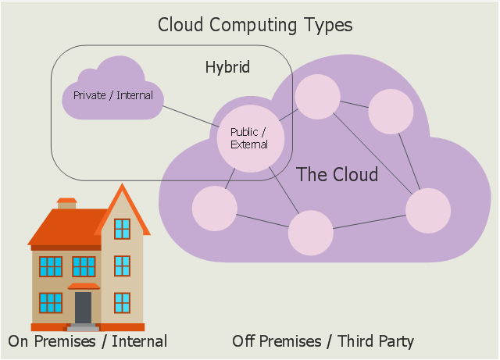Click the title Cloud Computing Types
(255, 25)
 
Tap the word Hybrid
(227, 67)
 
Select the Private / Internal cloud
(112, 92)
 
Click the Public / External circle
(251, 139)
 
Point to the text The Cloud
(337, 174)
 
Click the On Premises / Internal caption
(87, 341)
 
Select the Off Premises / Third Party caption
(323, 341)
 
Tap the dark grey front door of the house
(84, 308)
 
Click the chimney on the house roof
(66, 204)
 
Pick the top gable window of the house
(122, 229)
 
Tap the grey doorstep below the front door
(84, 327)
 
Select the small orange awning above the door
(84, 286)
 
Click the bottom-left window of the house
(51, 303)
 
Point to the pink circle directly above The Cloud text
(318, 97)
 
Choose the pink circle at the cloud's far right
(428, 210)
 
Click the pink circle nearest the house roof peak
(215, 209)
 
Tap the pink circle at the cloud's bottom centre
(311, 233)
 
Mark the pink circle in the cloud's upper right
(391, 112)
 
